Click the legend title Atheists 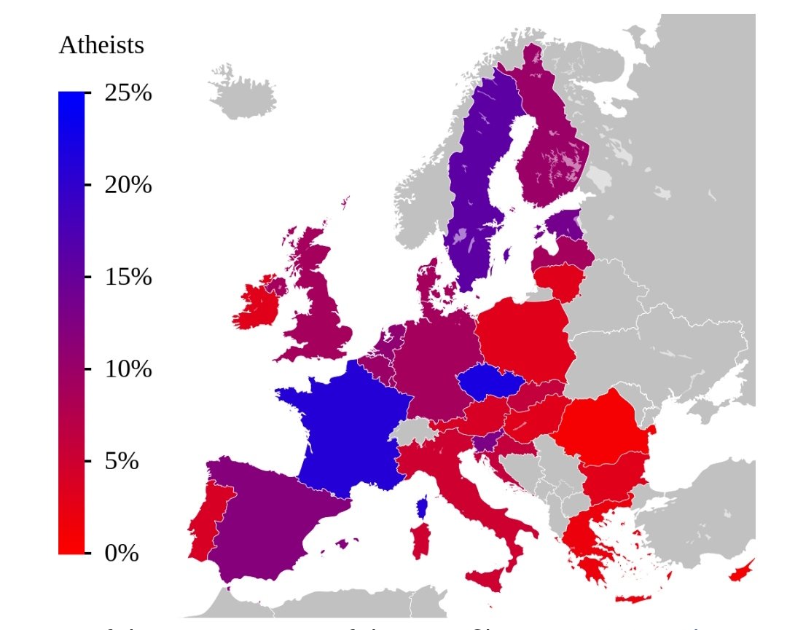coord(101,45)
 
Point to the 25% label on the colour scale coord(128,93)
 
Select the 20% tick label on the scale coord(128,185)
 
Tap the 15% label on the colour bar coord(128,277)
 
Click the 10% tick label coord(128,369)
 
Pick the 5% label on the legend coord(122,461)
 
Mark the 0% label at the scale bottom coord(122,553)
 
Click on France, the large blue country coord(346,430)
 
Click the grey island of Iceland coord(244,95)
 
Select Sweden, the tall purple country coord(474,182)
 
